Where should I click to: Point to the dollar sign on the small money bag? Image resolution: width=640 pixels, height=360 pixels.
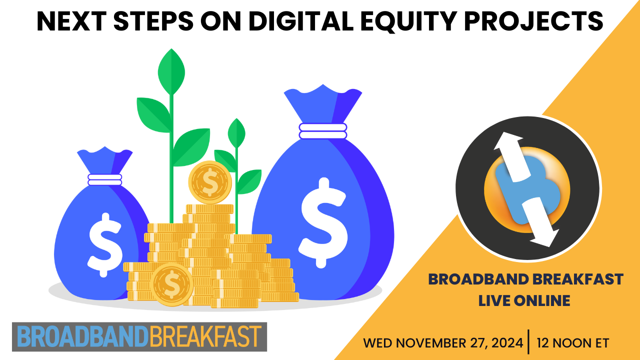(x=104, y=245)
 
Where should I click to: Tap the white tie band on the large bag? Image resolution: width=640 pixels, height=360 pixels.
(x=323, y=131)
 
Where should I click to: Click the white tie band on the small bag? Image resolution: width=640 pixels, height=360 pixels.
(x=105, y=179)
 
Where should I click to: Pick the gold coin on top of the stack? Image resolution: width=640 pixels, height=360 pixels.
(x=210, y=182)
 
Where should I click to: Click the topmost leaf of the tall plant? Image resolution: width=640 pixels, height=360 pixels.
(x=171, y=71)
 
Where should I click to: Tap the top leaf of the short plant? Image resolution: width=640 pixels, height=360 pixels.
(x=236, y=133)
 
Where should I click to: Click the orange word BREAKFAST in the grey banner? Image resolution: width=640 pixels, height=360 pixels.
(x=205, y=336)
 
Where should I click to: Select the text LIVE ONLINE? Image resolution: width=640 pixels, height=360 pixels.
(x=524, y=300)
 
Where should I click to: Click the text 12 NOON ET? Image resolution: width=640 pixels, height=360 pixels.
(x=573, y=343)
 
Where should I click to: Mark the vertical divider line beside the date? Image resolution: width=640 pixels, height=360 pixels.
(x=528, y=341)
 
